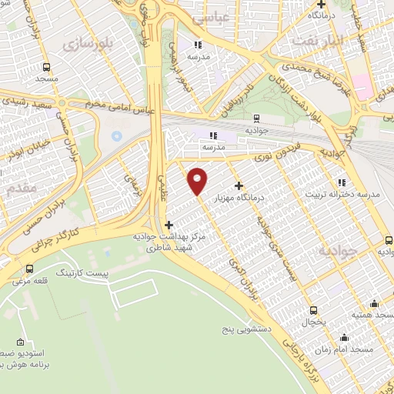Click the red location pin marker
tap(198, 180)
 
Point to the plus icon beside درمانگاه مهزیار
tap(239, 185)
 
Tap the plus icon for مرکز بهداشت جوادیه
tap(169, 225)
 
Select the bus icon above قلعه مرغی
tap(30, 269)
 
